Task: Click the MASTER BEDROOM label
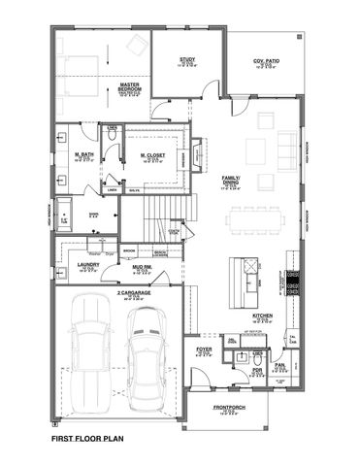pyautogui.click(x=131, y=85)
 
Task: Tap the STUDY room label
pyautogui.click(x=187, y=60)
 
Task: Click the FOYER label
pyautogui.click(x=204, y=349)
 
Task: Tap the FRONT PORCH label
pyautogui.click(x=228, y=409)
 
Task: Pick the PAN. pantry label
pyautogui.click(x=279, y=365)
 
